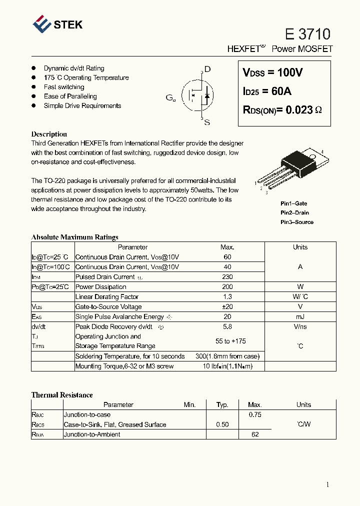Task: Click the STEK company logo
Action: (57, 24)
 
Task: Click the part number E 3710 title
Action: (307, 34)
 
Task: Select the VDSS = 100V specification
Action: (272, 72)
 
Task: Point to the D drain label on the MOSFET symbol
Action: (207, 69)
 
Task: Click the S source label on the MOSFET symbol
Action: (207, 122)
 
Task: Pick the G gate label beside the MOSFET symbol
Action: (170, 98)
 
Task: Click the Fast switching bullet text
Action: (64, 87)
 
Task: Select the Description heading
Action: (49, 134)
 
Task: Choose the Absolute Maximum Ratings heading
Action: (74, 237)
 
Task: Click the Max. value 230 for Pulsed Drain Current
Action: (227, 277)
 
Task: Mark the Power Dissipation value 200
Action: (227, 287)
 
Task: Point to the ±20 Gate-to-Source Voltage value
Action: (227, 307)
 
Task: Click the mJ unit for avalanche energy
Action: (300, 317)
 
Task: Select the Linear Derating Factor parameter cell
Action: (107, 297)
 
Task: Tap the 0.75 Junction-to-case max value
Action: (255, 414)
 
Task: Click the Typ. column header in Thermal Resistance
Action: (222, 404)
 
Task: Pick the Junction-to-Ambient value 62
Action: (255, 434)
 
